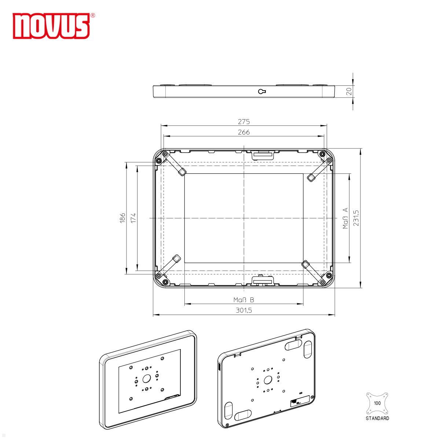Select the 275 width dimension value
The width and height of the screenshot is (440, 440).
tap(243, 121)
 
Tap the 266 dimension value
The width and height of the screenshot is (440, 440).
tap(243, 132)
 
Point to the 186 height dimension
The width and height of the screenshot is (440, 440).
tap(122, 217)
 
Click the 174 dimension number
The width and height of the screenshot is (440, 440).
tap(133, 217)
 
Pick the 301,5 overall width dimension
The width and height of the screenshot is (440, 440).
tap(243, 310)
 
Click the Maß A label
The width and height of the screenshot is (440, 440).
tap(345, 218)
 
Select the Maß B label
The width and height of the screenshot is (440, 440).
tap(243, 300)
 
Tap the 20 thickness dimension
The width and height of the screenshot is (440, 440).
tap(349, 91)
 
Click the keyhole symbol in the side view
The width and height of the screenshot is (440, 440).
tap(262, 91)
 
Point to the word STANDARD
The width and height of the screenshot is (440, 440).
tap(377, 418)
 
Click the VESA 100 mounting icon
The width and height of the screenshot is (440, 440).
tap(377, 403)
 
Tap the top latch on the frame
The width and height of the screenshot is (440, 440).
tap(263, 154)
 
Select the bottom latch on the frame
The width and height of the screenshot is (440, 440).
tap(263, 281)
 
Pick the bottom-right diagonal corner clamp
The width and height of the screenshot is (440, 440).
tap(313, 272)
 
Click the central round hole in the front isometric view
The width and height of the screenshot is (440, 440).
tap(147, 379)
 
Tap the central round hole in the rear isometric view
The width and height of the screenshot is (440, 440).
tap(268, 379)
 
